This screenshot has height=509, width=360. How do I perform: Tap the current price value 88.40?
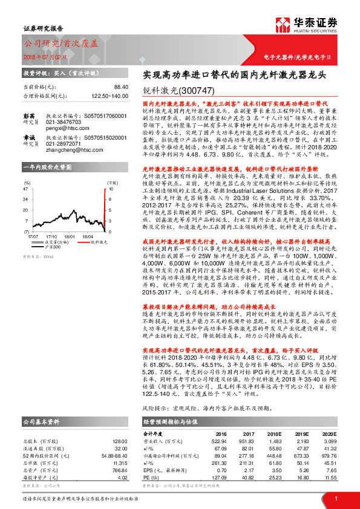point(120,87)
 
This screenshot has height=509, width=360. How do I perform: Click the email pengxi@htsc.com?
point(60,129)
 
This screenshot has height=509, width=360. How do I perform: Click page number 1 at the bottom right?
point(336,498)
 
